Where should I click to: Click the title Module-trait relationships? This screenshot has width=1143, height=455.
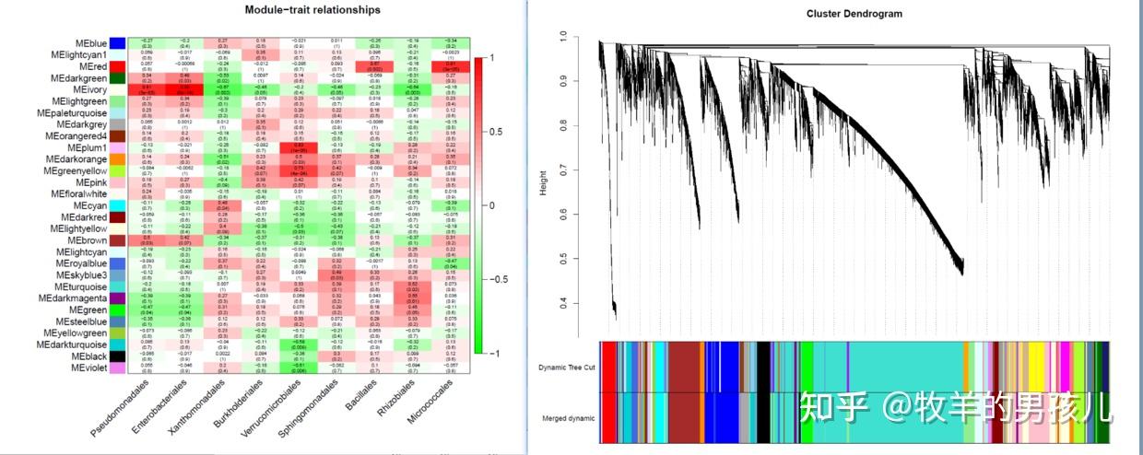pos(311,10)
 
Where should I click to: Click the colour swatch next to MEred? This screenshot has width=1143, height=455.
pos(117,66)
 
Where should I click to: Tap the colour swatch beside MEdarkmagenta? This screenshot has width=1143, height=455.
pos(117,298)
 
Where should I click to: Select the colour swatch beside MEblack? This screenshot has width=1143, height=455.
pos(117,356)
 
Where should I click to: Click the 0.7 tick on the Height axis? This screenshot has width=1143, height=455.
pos(562,171)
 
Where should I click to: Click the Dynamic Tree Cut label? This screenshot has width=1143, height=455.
pos(566,367)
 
